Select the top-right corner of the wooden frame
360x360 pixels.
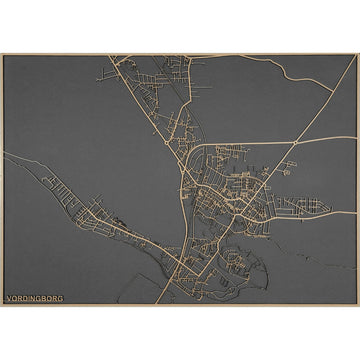tap(358, 54)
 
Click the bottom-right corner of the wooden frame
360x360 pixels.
tap(358, 306)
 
